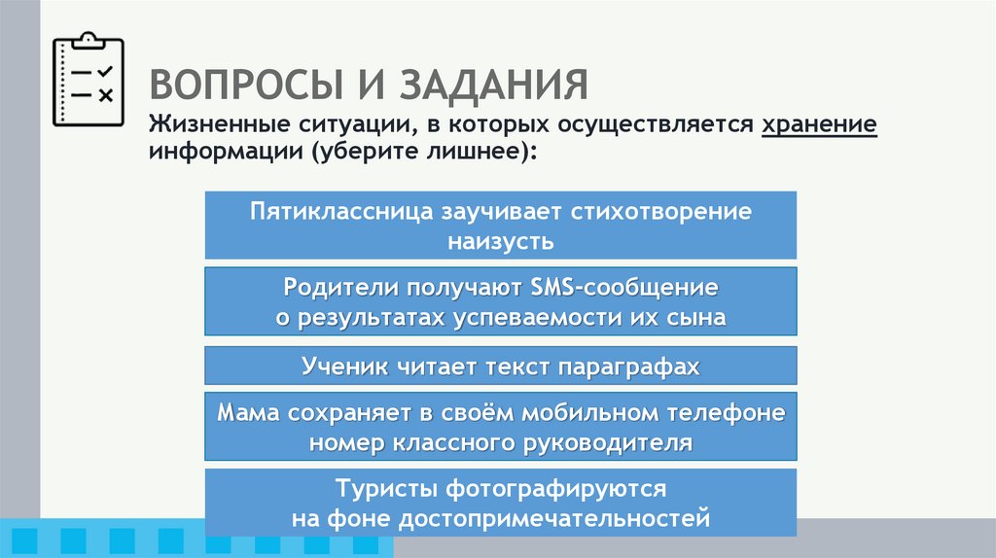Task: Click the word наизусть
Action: click(501, 240)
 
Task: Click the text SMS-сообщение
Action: click(625, 289)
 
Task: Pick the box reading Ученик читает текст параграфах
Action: click(501, 366)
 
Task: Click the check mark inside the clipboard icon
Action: click(105, 71)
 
